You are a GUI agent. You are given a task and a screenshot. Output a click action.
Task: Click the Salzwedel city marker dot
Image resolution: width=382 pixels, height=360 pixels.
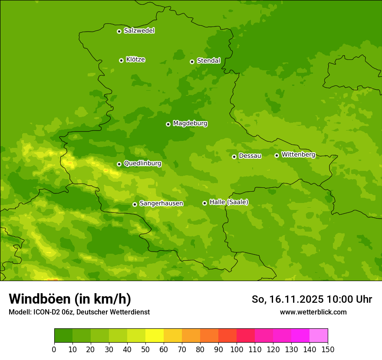tap(119, 31)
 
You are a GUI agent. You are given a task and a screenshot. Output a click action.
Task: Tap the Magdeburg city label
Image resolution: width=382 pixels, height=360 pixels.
tap(190, 124)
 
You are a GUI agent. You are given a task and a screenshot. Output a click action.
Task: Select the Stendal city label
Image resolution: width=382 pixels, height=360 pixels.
tap(208, 61)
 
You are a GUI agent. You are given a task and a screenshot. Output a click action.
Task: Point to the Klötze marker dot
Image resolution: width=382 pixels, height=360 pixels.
tap(121, 60)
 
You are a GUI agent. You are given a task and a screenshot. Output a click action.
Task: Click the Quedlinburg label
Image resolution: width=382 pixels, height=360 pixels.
tap(142, 164)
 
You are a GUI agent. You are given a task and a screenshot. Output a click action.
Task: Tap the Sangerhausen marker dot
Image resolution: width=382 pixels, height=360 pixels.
tap(135, 204)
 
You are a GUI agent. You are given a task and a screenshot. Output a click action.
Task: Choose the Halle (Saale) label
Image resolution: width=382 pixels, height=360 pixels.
tap(229, 202)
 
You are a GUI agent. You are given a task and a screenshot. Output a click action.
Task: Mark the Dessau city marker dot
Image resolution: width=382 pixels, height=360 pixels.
tap(234, 157)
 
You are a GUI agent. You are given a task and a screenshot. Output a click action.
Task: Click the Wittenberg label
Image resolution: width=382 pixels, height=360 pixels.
tap(298, 154)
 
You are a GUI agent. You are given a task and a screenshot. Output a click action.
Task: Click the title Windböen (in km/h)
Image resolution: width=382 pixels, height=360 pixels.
tap(70, 299)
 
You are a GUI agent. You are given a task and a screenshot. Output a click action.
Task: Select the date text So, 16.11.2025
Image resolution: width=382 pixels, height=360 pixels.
tap(287, 299)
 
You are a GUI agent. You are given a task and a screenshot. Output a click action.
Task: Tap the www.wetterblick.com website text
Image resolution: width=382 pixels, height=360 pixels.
tap(313, 312)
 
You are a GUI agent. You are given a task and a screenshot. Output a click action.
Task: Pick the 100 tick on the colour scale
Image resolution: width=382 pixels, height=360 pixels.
tap(237, 349)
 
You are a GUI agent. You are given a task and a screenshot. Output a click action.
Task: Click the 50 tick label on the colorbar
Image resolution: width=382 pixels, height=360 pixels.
tap(145, 349)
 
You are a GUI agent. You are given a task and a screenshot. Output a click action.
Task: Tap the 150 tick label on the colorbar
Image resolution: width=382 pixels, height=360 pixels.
tap(328, 349)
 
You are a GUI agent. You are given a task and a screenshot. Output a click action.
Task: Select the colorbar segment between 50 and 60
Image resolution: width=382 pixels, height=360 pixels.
tap(155, 336)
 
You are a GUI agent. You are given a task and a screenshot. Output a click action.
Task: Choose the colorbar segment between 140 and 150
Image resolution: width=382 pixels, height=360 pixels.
tap(319, 336)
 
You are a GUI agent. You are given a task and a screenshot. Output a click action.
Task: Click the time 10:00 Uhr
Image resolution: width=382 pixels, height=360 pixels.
tap(349, 299)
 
